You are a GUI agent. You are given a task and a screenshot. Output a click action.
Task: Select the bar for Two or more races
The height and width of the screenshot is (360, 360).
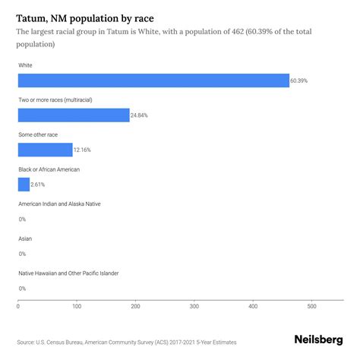pos(74,115)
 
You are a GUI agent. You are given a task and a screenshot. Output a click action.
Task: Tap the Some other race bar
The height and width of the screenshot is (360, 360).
pos(45,150)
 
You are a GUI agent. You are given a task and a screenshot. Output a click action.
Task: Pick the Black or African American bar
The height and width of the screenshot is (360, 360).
pos(24,184)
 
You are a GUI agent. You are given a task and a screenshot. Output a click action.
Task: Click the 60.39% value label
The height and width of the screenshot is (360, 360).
pos(300,81)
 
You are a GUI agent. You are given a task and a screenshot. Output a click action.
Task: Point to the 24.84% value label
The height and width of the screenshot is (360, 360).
pos(141,115)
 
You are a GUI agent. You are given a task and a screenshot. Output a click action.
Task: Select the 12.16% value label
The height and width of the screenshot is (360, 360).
pos(84,150)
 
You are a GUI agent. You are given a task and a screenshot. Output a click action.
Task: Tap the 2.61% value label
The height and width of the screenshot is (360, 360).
pos(39,184)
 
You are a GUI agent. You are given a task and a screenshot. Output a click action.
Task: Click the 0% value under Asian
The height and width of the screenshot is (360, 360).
pos(22,254)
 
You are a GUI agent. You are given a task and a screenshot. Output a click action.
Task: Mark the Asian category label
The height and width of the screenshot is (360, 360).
pos(25,238)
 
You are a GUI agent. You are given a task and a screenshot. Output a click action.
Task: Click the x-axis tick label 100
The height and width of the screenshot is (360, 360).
pos(77,307)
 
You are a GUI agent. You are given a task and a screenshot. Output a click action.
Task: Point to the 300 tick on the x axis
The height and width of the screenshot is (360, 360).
pos(194,307)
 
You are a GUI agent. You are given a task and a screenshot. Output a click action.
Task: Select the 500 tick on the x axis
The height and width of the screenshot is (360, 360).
pos(311,307)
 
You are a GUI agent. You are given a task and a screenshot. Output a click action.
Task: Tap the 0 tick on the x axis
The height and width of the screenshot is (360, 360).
pos(18,307)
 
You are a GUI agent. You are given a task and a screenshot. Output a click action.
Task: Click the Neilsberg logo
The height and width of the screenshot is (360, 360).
pos(317,342)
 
